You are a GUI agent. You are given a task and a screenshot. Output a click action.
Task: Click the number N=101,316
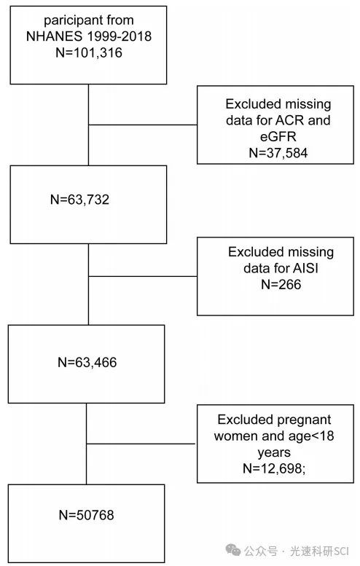click(x=89, y=52)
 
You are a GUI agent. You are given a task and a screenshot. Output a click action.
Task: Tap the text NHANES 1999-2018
click(x=89, y=36)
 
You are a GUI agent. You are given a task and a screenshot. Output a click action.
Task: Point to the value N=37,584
click(x=278, y=153)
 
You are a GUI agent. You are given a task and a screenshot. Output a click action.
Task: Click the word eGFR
click(x=278, y=136)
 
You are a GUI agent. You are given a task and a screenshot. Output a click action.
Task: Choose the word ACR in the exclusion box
click(x=290, y=120)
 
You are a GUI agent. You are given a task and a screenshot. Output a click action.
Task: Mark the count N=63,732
click(x=80, y=200)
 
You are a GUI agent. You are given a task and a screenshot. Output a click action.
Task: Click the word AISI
click(x=306, y=268)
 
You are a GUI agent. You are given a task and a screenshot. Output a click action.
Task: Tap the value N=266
click(x=281, y=284)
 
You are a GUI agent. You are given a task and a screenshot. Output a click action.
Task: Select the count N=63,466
click(x=87, y=363)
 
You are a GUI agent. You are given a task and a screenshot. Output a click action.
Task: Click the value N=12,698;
click(x=274, y=468)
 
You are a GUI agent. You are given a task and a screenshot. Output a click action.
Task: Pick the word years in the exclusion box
click(x=274, y=452)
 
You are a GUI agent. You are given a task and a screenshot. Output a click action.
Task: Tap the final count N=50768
click(x=86, y=515)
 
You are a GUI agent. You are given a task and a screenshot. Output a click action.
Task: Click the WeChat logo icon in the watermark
click(x=233, y=550)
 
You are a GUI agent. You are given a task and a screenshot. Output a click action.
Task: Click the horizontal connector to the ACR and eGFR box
click(x=143, y=125)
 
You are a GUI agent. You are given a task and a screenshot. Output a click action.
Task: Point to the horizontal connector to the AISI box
click(x=143, y=277)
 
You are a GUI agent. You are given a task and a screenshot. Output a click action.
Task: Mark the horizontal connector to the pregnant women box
click(x=141, y=444)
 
